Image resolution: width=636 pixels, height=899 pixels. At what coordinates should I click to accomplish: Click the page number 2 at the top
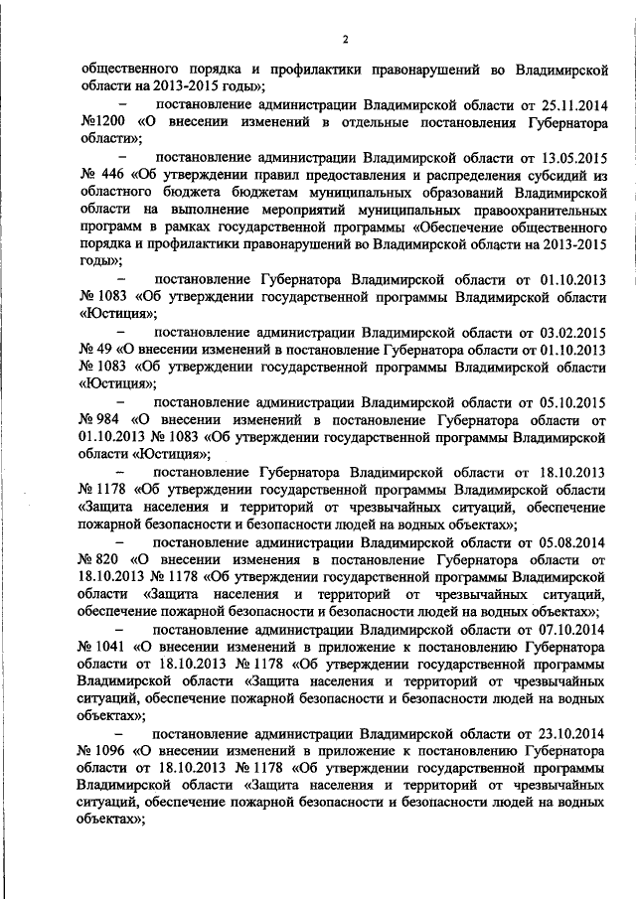pos(344,40)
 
